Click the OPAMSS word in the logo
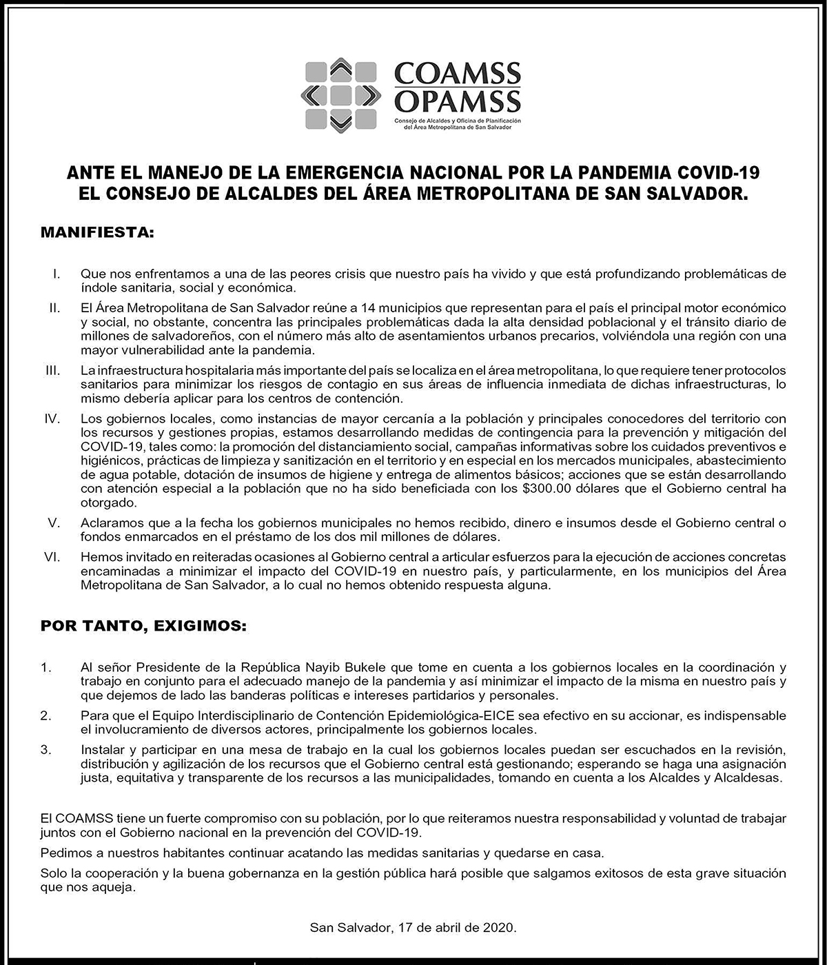pos(457,102)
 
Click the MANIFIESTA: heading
pos(97,232)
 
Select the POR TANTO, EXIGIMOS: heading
pos(143,627)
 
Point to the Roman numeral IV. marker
pos(52,418)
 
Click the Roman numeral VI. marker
pos(52,557)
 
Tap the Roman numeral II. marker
pos(54,307)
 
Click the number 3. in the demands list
pos(46,750)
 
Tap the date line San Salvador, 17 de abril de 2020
pos(413,928)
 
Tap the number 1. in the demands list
pos(46,667)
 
